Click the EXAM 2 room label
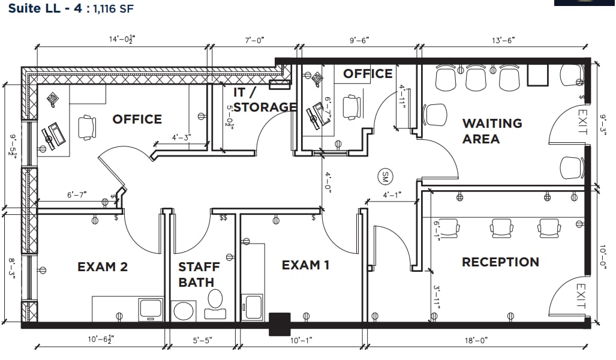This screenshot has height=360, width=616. [103, 266]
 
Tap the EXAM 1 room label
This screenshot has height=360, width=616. [305, 265]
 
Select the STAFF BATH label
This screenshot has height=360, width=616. [199, 274]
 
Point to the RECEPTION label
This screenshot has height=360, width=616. [500, 262]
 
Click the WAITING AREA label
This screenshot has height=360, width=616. [491, 131]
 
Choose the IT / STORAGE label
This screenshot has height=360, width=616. [265, 100]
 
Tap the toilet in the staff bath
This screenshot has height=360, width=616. [214, 304]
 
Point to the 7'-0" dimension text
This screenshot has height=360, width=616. [254, 40]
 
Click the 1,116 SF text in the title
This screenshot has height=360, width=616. [113, 10]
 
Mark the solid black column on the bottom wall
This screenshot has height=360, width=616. [280, 323]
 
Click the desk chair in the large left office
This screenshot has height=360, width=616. [86, 127]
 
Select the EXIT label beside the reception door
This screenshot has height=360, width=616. [580, 296]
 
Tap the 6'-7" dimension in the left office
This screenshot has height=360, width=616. [77, 194]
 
